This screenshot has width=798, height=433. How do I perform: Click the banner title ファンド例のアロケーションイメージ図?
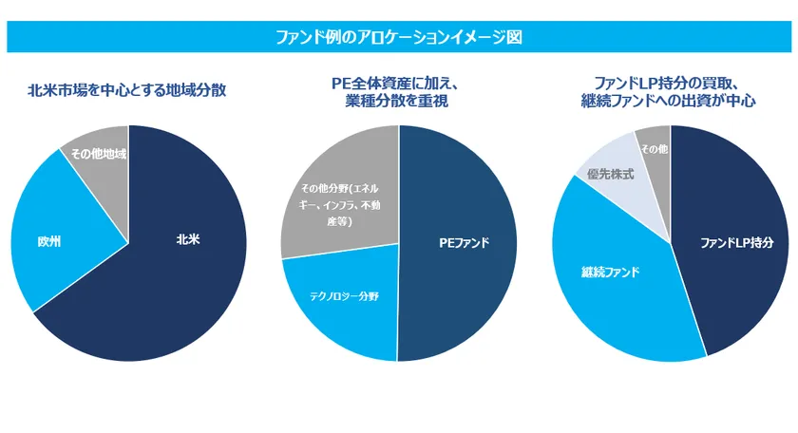[x=398, y=38]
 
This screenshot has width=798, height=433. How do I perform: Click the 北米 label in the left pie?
[x=187, y=239]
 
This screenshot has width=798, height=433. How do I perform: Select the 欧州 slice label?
[x=49, y=242]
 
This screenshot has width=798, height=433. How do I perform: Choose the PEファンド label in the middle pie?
[x=464, y=243]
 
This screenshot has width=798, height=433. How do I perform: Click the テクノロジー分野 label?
[x=343, y=296]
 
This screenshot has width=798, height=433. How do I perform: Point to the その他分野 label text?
[x=338, y=204]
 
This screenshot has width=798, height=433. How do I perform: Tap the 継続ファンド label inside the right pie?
[x=610, y=273]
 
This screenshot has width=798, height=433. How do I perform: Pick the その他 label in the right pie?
[x=653, y=149]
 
